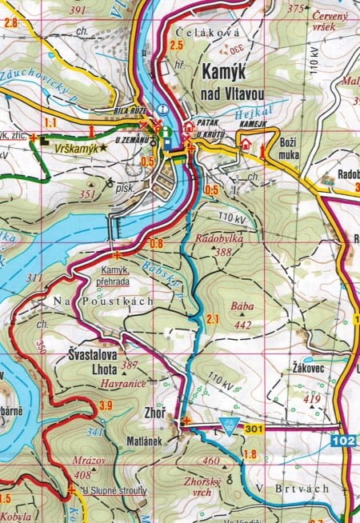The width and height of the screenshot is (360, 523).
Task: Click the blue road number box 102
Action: [x=345, y=439]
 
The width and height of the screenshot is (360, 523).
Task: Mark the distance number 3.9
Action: [x=106, y=407]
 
